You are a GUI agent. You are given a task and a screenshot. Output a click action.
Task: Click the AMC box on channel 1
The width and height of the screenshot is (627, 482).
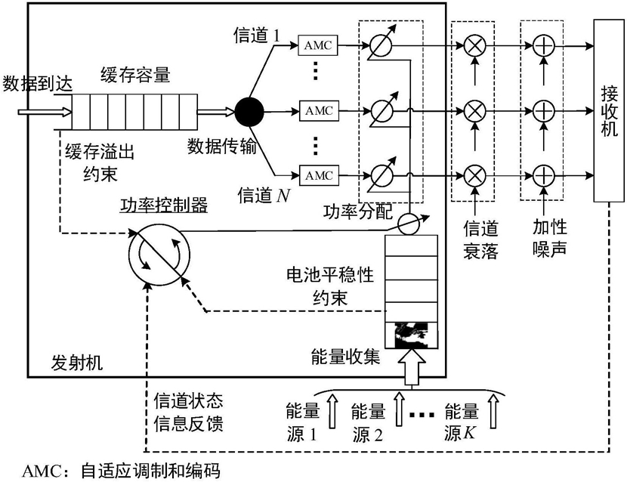tap(318, 45)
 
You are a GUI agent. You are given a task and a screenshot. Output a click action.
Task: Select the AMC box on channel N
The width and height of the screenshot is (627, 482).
tap(319, 175)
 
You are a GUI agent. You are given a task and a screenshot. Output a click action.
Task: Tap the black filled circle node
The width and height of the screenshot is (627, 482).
tap(249, 112)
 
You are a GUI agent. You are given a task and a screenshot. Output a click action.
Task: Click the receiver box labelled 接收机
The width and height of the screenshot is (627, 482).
tap(609, 111)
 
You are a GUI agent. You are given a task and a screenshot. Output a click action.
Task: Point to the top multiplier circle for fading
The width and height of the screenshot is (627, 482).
tap(474, 45)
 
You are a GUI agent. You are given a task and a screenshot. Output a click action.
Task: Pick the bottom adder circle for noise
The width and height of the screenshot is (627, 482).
tap(543, 175)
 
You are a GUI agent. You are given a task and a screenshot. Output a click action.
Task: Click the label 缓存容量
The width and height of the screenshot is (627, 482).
tap(135, 74)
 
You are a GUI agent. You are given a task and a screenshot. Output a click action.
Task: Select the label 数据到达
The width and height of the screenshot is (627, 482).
tap(37, 84)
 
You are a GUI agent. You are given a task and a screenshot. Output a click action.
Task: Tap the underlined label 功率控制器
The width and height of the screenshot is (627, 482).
tap(164, 205)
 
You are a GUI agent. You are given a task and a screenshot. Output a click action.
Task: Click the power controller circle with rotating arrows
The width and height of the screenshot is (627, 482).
tap(159, 255)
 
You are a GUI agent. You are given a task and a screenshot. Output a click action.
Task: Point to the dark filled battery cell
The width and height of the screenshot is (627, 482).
tap(411, 335)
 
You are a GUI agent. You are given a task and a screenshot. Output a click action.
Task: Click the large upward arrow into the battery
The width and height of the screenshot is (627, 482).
tap(412, 366)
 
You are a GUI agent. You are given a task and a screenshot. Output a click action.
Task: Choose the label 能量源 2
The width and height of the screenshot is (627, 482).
tap(368, 423)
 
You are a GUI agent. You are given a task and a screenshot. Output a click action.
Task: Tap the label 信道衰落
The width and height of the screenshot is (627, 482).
tap(480, 240)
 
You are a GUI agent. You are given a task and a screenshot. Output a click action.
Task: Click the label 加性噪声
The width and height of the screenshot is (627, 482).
tap(550, 239)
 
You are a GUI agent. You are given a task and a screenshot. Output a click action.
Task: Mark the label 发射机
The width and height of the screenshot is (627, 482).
tap(77, 363)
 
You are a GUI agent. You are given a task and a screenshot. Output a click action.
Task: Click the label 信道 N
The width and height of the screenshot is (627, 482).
tap(264, 195)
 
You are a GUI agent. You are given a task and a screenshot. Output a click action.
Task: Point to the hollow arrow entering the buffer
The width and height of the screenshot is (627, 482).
tap(45, 112)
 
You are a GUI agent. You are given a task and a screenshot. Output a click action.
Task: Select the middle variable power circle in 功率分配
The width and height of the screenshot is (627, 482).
tap(381, 111)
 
